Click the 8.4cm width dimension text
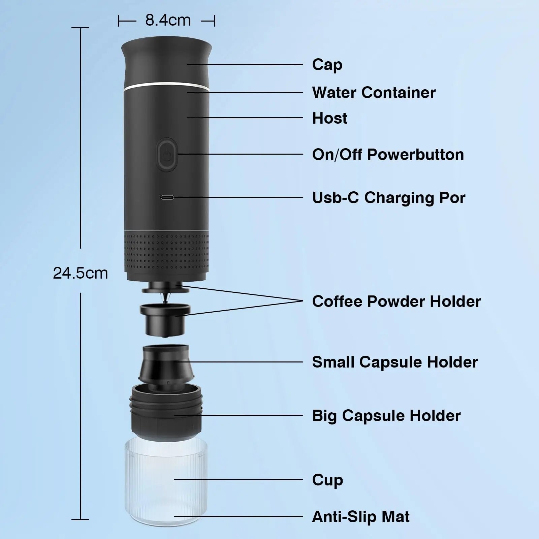click(168, 21)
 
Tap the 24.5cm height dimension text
click(81, 273)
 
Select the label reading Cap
click(327, 65)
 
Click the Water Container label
click(374, 93)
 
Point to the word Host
click(329, 118)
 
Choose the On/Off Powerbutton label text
click(388, 155)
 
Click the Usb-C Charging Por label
click(388, 198)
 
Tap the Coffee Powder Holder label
click(396, 302)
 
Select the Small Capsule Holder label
click(395, 362)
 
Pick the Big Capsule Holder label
click(386, 416)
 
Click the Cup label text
click(327, 480)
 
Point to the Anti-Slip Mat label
click(361, 517)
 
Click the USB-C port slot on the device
click(167, 198)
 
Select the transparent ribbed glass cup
click(166, 485)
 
